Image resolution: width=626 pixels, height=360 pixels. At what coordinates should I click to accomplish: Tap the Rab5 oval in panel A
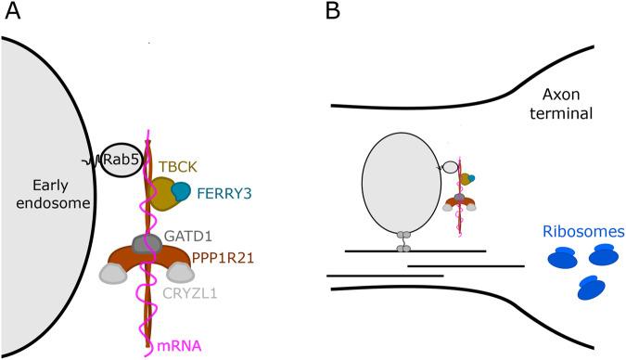coord(121,160)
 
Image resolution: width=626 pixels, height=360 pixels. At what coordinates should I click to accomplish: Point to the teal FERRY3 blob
coord(183,194)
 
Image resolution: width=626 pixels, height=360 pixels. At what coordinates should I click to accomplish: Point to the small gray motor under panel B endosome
coord(402,241)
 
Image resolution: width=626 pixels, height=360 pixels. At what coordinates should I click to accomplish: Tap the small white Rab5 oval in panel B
coord(450,167)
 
